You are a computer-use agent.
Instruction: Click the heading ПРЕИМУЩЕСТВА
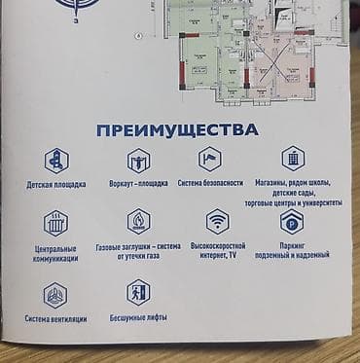tap(178, 129)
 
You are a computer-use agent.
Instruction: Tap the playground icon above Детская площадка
tap(56, 161)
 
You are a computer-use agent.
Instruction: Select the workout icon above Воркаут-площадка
tap(138, 160)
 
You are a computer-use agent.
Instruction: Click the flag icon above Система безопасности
tap(210, 159)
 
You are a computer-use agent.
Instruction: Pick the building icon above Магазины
tap(293, 158)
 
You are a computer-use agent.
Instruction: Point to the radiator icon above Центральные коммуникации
tap(55, 224)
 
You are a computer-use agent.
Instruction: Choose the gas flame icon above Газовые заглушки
tap(138, 222)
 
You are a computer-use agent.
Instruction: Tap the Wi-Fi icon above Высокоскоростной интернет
tap(217, 221)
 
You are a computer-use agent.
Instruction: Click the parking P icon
tap(292, 221)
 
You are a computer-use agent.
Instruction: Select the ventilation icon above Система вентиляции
tap(55, 295)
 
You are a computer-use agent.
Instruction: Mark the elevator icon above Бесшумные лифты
tap(138, 292)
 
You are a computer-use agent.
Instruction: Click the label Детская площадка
tap(56, 184)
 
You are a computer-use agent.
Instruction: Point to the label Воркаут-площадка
tap(138, 183)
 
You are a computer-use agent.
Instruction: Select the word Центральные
tap(55, 249)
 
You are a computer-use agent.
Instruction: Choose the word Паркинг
tap(293, 245)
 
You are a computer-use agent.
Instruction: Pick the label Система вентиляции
tap(56, 319)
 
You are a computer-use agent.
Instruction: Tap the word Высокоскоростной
tap(218, 246)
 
